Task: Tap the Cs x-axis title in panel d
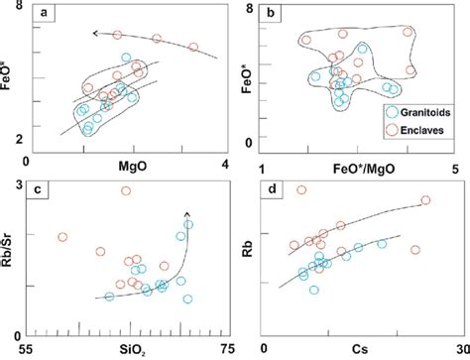(x=362, y=349)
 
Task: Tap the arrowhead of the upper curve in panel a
(x=94, y=34)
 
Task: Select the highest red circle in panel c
(x=126, y=191)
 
